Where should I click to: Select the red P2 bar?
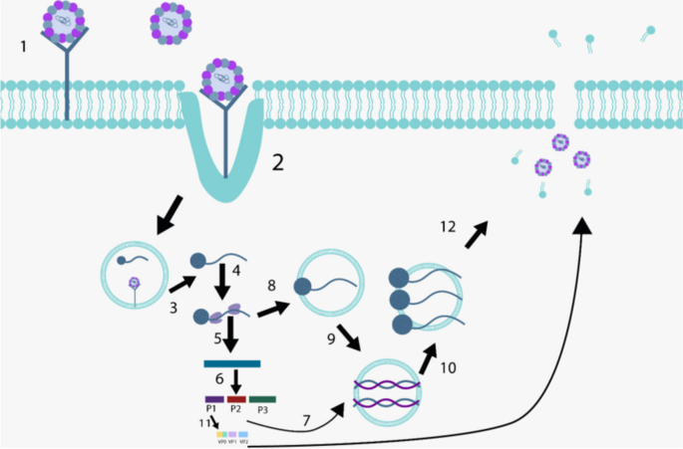pos(236,398)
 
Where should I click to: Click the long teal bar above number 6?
pos(232,362)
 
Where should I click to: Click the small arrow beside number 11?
pos(212,424)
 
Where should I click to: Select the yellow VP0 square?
pos(220,435)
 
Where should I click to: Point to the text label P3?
pos(261,410)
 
